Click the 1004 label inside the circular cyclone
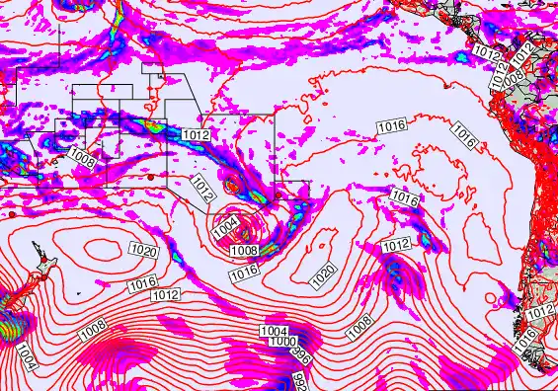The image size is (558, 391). (225, 227)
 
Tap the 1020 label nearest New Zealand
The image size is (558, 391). (144, 252)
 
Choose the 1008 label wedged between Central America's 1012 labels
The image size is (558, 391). (514, 73)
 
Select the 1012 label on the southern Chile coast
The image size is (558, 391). (540, 312)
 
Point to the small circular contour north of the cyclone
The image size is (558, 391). (233, 183)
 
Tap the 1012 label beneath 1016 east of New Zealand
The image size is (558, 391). (166, 294)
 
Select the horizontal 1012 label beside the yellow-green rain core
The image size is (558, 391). (195, 133)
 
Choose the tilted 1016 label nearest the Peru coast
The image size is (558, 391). (465, 137)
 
